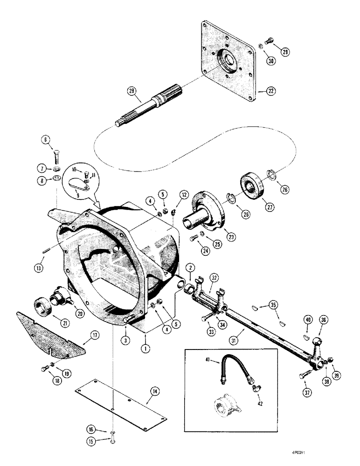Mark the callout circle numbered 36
coord(323,320)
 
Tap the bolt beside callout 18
coord(44,370)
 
